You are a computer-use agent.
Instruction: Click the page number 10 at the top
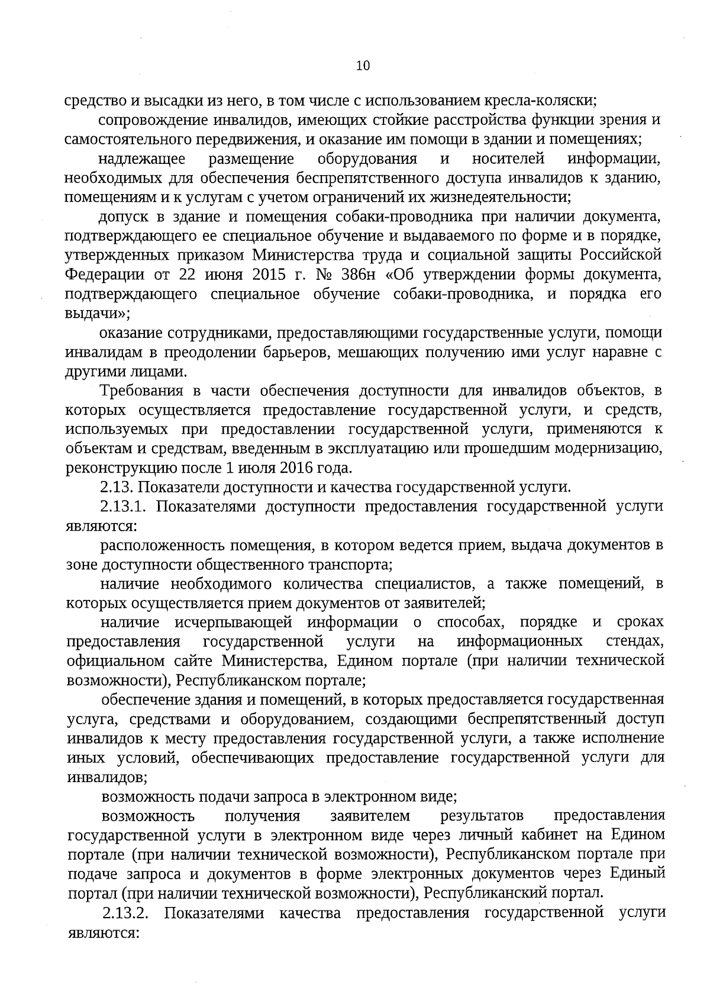(x=363, y=66)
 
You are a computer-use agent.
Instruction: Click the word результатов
(x=482, y=816)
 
